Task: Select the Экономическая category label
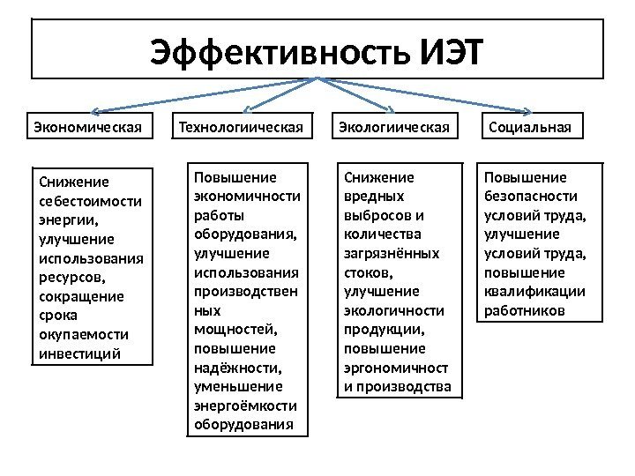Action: coord(87,128)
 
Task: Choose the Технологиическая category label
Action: coord(246,128)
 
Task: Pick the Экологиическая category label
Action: coord(395,128)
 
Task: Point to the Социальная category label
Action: coord(530,128)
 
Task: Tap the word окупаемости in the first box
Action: coord(84,336)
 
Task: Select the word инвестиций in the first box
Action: coord(80,354)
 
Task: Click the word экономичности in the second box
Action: coord(246,195)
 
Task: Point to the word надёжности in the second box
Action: coord(235,367)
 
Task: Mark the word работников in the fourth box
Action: coord(524,310)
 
